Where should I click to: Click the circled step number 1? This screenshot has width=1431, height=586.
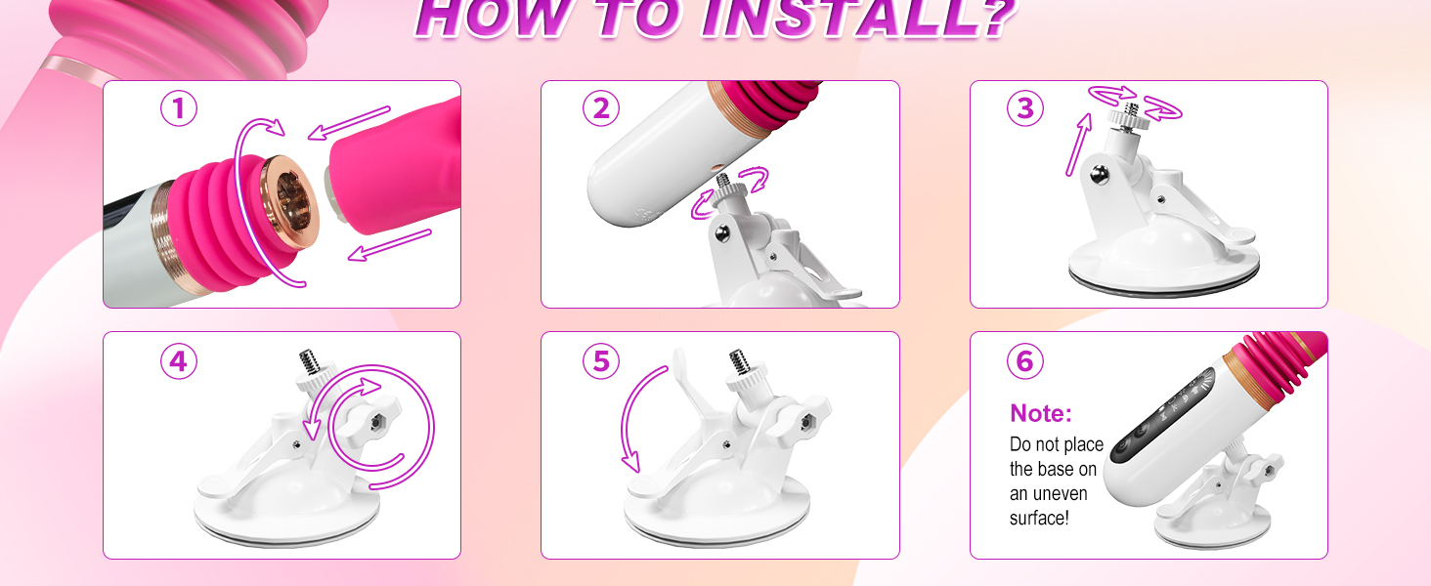tap(179, 109)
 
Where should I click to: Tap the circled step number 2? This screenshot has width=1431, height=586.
tap(601, 109)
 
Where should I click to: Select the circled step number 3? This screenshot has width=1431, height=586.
tap(1025, 109)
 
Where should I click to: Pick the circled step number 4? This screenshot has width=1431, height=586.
tap(179, 361)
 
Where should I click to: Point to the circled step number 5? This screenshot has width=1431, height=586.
tap(601, 361)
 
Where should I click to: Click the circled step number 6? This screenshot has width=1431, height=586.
tap(1025, 361)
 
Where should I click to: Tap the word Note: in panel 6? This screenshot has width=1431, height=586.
tap(1041, 413)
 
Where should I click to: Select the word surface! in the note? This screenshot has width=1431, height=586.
tap(1039, 518)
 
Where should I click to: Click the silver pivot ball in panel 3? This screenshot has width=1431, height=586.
tap(1100, 173)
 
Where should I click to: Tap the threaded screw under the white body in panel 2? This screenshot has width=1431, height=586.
tap(724, 184)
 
